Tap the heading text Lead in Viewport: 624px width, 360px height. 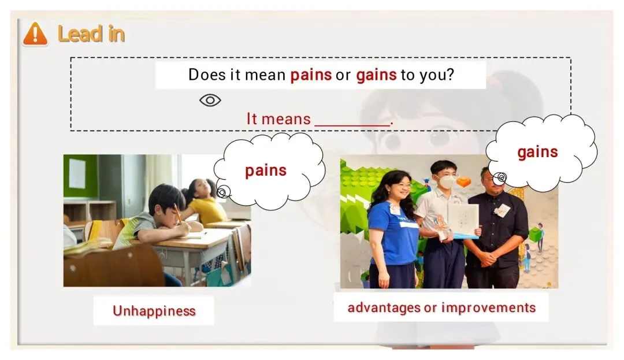(91, 34)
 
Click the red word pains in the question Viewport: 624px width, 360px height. (311, 75)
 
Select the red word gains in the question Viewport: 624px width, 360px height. (376, 75)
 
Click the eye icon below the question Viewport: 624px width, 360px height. (210, 100)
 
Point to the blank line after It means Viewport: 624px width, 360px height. (352, 125)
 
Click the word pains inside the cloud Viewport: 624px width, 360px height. (266, 170)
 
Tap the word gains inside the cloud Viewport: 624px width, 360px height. (537, 153)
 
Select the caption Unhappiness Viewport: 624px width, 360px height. (154, 311)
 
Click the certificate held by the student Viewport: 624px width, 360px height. (463, 220)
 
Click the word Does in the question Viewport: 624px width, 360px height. (207, 75)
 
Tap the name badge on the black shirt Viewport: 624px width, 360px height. (503, 209)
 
